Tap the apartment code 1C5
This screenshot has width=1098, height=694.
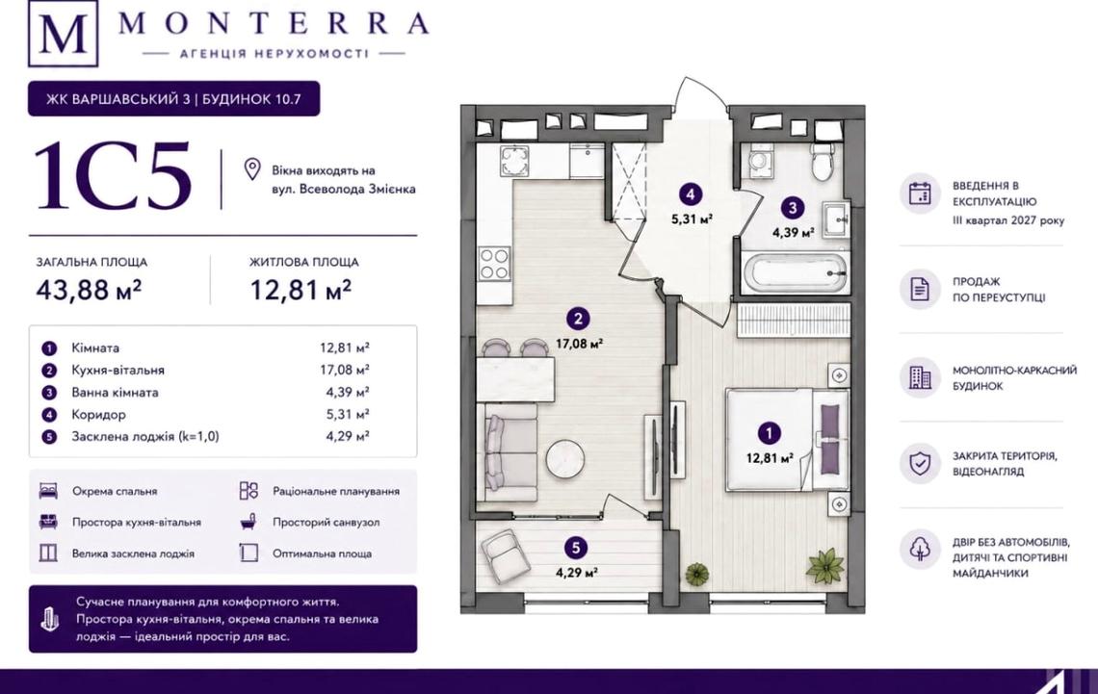[x=113, y=175]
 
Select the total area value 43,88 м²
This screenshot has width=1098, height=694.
[x=89, y=289]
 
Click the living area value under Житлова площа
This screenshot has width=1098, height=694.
[x=301, y=289]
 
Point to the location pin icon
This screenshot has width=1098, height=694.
[x=252, y=169]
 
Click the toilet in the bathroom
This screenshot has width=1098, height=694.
[x=821, y=162]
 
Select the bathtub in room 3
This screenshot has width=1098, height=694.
[x=794, y=271]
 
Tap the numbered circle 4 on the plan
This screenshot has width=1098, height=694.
[x=692, y=194]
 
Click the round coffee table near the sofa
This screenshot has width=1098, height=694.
[x=565, y=458]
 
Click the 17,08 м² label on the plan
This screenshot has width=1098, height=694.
[x=579, y=344]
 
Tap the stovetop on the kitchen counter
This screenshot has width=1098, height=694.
[x=494, y=264]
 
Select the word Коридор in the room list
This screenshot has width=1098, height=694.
[x=99, y=414]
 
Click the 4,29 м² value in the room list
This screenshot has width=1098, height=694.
[x=345, y=437]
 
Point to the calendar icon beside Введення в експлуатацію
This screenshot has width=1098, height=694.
[x=920, y=193]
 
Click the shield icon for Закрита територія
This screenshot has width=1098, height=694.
[x=920, y=462]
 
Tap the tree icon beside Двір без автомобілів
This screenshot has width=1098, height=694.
[x=920, y=548]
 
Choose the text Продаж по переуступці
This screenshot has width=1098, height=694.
[x=998, y=290]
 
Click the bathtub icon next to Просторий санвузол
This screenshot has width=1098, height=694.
[x=248, y=522]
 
